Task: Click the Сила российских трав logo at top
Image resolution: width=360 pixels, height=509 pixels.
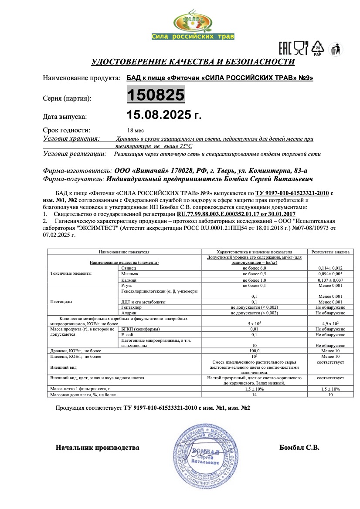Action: tap(193, 27)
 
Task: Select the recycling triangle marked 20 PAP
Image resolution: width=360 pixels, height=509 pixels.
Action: tap(318, 48)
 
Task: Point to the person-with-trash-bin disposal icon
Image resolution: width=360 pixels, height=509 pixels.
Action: tap(334, 49)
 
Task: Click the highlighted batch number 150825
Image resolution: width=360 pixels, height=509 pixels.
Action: tap(155, 94)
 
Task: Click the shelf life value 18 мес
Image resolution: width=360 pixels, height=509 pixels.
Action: tap(135, 130)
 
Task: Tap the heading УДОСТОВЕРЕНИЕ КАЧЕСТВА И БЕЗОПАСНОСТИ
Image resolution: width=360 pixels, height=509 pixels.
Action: tap(193, 62)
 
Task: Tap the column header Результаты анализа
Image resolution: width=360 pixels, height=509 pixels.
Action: tap(330, 252)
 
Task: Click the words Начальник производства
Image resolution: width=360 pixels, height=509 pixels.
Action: tap(98, 447)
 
